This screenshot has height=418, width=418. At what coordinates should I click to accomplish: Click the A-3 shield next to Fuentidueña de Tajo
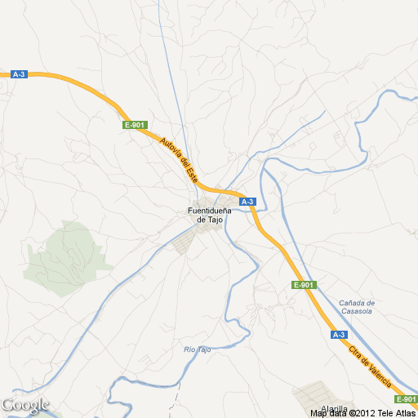[x=248, y=202]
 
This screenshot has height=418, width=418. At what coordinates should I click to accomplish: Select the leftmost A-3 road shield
[x=20, y=74]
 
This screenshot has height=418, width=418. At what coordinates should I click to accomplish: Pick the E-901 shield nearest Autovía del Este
[x=135, y=125]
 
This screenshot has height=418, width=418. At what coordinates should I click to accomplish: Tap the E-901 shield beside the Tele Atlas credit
[x=406, y=399]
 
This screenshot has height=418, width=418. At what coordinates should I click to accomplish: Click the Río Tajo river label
[x=198, y=349]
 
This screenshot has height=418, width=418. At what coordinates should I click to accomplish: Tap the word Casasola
[x=356, y=311]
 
